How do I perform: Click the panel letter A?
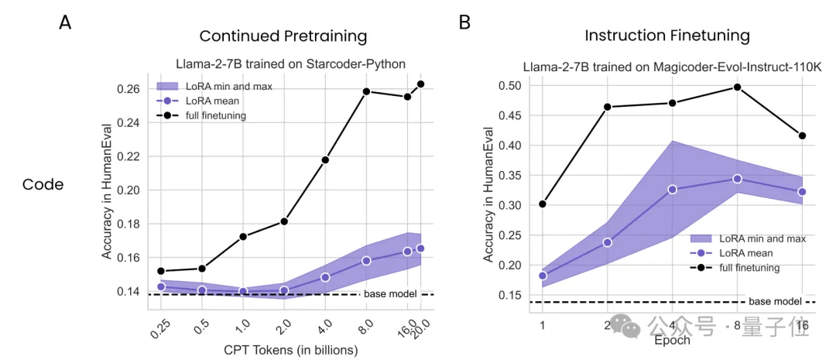(x=66, y=22)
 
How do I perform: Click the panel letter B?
(x=465, y=22)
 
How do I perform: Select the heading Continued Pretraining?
(x=283, y=36)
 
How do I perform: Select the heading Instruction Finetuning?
(x=666, y=36)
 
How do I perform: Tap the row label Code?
(x=43, y=184)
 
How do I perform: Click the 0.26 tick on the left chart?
(x=128, y=89)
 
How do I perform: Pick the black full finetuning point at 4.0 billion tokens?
(x=325, y=159)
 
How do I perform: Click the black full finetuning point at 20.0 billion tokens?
(x=421, y=84)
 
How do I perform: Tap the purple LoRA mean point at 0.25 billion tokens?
(x=161, y=286)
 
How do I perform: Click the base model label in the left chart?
(x=390, y=293)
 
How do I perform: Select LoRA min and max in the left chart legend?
(x=228, y=86)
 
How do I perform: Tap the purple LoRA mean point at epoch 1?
(x=543, y=276)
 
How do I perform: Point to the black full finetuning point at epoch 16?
(x=802, y=135)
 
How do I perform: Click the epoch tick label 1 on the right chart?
(x=543, y=327)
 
